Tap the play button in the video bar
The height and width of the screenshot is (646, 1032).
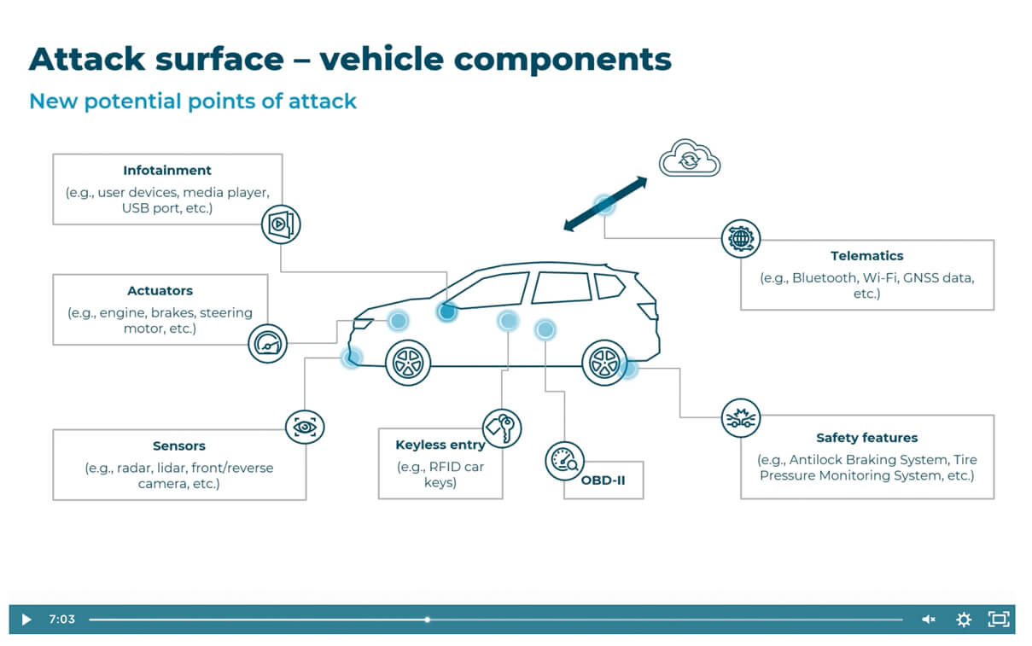[26, 620]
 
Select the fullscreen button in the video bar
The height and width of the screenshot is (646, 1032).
[998, 620]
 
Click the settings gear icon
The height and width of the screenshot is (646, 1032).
[964, 620]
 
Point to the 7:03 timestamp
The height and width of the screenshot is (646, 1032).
[61, 620]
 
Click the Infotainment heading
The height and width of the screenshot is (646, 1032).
[167, 171]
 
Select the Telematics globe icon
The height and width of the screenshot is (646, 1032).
[740, 238]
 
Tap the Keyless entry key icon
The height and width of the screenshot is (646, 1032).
[501, 428]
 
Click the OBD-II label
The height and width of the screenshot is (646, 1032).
[603, 480]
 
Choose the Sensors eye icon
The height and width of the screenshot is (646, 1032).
[304, 424]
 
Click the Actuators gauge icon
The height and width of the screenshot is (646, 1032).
[268, 344]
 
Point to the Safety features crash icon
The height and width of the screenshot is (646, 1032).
[740, 418]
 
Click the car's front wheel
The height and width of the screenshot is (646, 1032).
[407, 363]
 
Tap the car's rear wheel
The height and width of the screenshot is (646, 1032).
[604, 363]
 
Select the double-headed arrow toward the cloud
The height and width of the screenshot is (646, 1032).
[605, 203]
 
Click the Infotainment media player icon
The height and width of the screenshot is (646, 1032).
[281, 224]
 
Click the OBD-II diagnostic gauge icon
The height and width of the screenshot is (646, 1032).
[564, 461]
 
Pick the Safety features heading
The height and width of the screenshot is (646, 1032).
[866, 438]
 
